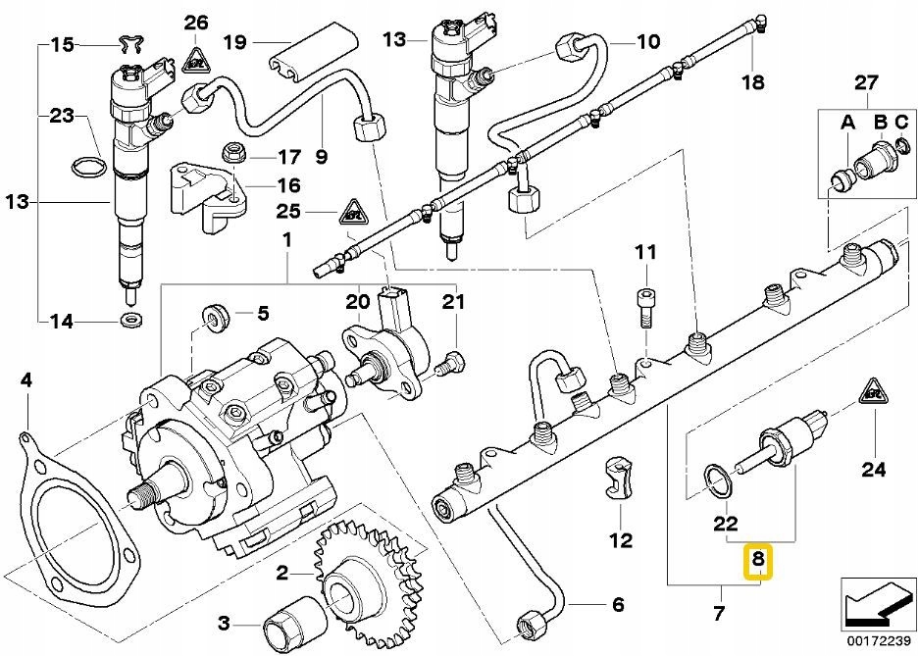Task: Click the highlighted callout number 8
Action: click(x=758, y=561)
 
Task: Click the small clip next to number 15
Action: click(x=131, y=43)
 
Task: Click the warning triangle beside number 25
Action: click(x=354, y=212)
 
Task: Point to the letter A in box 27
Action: click(x=847, y=123)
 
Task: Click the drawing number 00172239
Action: click(x=877, y=640)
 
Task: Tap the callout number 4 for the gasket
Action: click(x=26, y=381)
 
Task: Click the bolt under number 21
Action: click(x=450, y=363)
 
